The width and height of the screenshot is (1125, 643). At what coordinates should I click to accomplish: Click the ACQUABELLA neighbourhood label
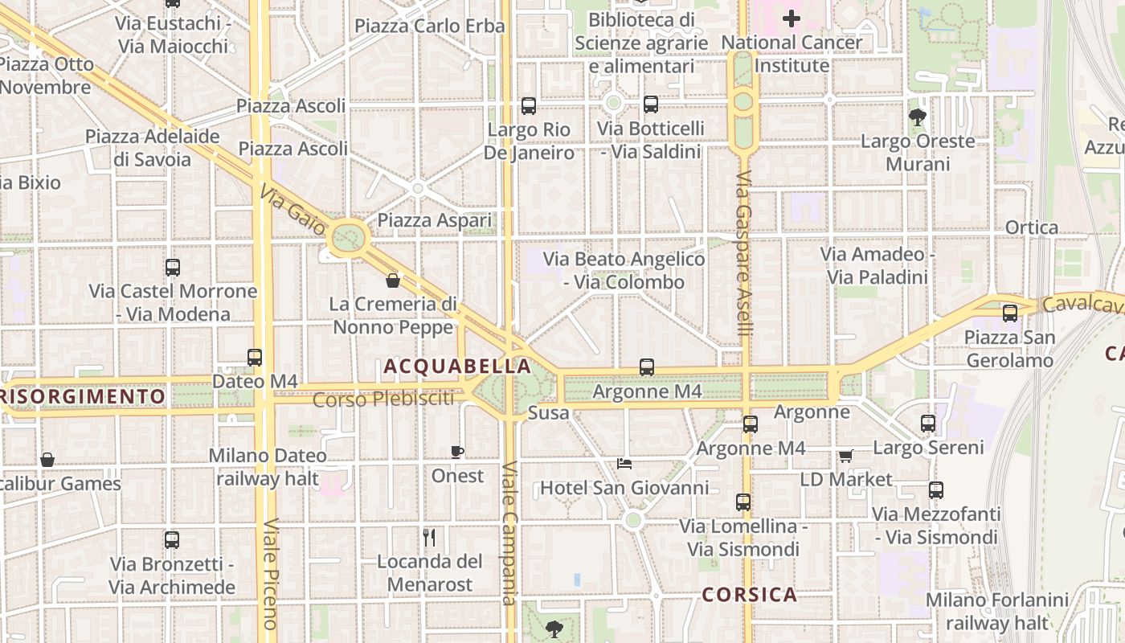click(457, 367)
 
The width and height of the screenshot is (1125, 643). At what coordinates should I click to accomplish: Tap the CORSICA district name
click(749, 595)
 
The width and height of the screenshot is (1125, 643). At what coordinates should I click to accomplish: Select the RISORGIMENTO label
click(83, 396)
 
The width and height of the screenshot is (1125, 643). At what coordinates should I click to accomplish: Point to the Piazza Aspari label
click(434, 220)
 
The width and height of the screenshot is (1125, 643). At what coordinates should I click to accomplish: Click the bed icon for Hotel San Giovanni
click(624, 464)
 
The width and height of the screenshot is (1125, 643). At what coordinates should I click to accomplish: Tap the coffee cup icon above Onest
click(457, 452)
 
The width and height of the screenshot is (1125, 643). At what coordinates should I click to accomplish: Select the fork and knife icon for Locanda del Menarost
click(429, 537)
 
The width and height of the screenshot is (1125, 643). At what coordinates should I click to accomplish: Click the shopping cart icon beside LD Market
click(845, 456)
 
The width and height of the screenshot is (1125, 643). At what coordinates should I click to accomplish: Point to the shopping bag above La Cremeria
click(393, 281)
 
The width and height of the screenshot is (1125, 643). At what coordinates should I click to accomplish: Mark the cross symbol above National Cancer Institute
click(792, 18)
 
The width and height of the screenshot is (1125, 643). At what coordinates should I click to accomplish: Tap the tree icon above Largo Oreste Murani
click(917, 117)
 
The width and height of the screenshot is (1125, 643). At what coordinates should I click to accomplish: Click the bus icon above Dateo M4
click(255, 358)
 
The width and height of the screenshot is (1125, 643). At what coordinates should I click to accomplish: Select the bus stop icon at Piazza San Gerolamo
click(1010, 313)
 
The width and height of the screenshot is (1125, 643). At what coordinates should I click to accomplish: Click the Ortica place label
click(1032, 227)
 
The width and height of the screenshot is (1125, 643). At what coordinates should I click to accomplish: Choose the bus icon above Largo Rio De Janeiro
click(529, 106)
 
